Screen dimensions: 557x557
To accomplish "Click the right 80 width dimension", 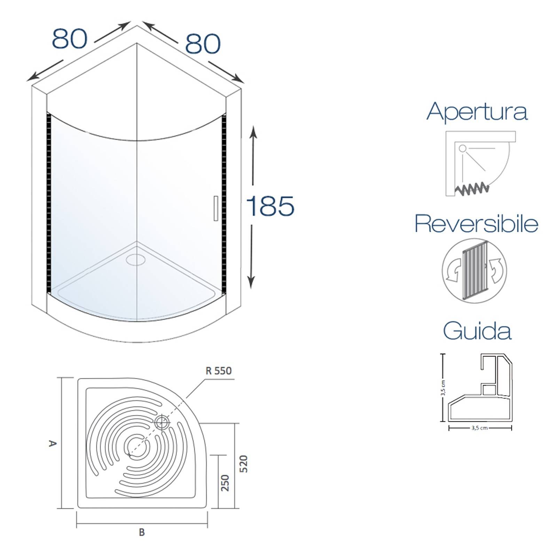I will point(203,44).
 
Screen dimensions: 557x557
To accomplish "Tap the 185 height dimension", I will point(270,206).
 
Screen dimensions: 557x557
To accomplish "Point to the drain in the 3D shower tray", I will point(136,259).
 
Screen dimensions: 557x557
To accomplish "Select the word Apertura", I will point(477,112).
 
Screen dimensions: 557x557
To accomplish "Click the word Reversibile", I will point(477,224).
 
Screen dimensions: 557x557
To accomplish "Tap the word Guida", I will point(477,331).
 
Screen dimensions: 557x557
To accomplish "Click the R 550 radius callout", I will point(219,371).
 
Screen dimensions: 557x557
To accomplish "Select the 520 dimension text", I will point(244,463).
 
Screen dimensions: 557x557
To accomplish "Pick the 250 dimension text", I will point(226,483).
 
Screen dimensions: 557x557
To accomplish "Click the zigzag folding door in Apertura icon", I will point(472,189).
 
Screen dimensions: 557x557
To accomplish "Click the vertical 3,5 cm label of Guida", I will point(442,388).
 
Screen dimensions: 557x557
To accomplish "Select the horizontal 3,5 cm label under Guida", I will point(479,428).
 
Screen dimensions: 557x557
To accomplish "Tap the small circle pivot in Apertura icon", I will point(462,149).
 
